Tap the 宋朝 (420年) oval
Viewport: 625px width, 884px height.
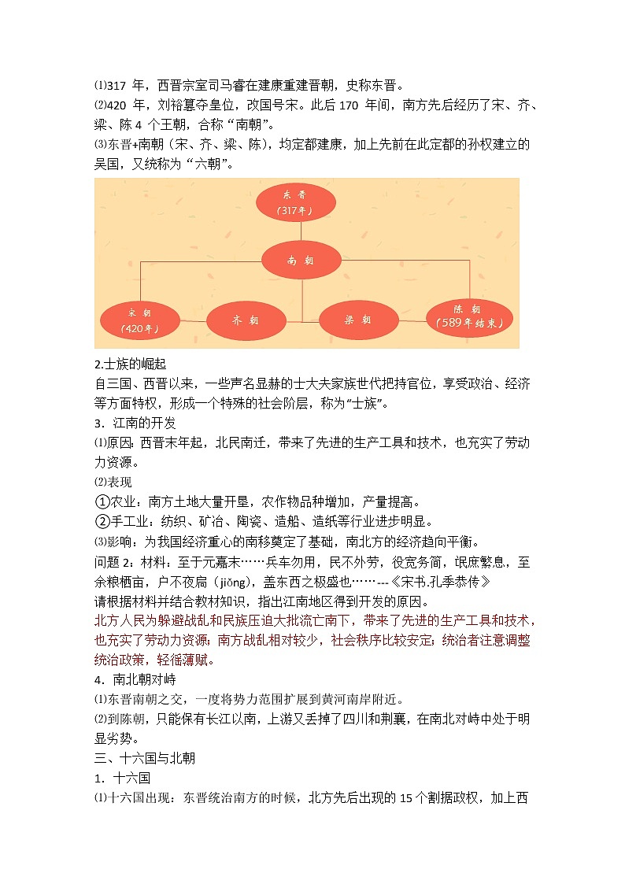click(139, 320)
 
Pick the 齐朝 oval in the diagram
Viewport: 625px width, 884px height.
click(245, 320)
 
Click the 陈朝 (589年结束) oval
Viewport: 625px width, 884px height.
click(468, 315)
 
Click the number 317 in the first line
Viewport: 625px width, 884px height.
click(116, 85)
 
